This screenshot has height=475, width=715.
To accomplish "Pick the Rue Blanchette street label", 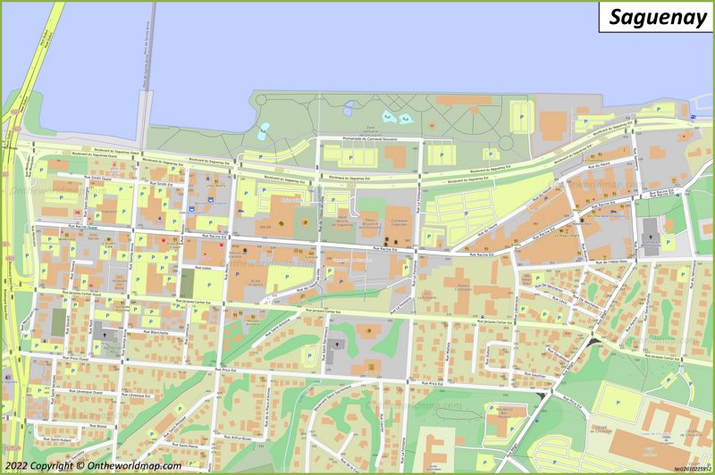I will [x=154, y=331].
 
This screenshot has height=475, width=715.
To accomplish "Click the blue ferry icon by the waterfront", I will [x=694, y=117].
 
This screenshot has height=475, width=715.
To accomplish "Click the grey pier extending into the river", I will [x=144, y=98].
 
